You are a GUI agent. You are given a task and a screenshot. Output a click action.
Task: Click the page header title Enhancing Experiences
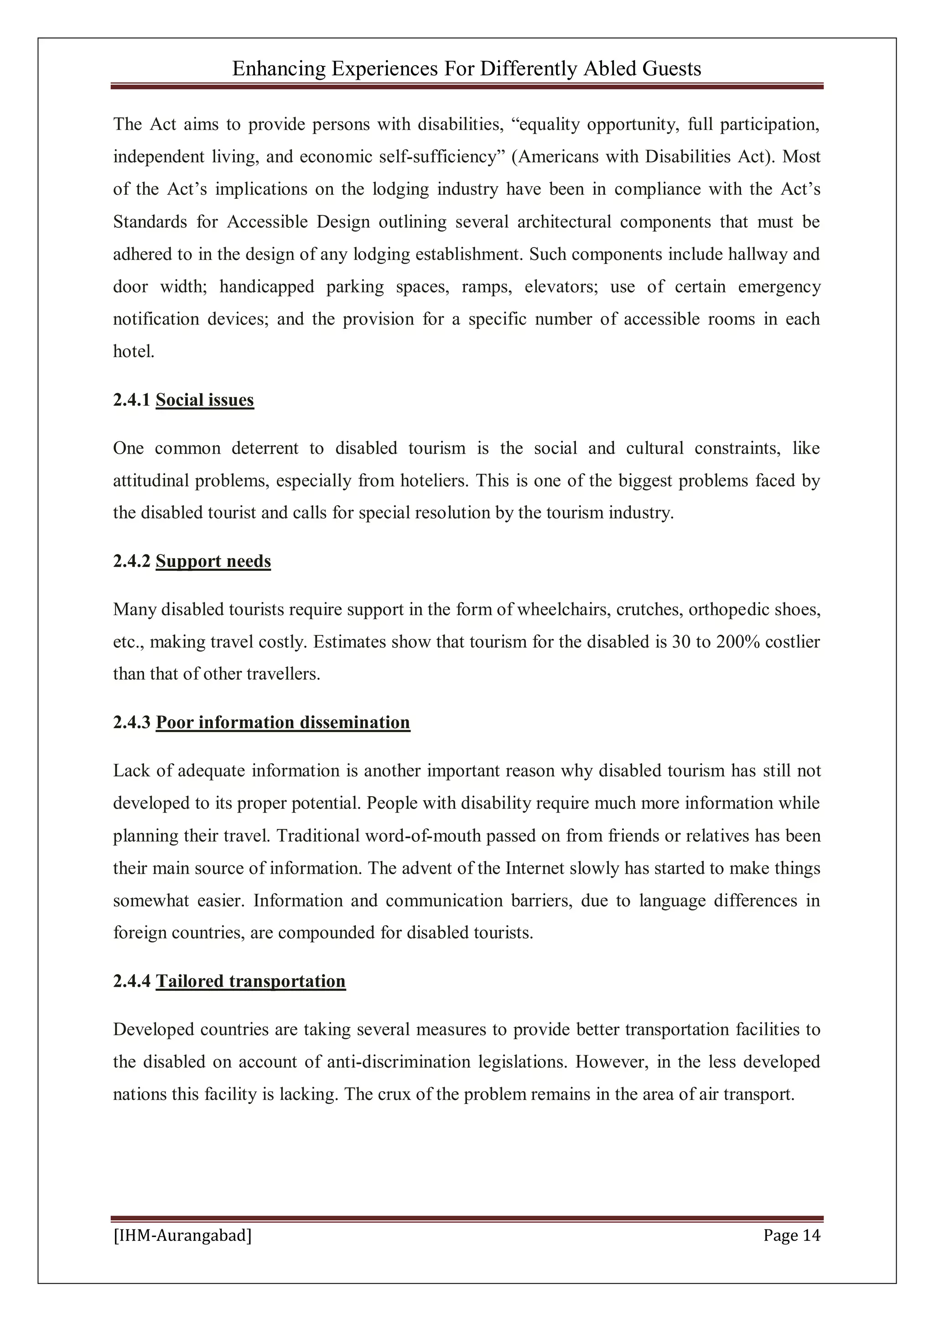pyautogui.click(x=466, y=69)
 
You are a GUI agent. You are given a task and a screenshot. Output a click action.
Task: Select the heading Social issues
pyautogui.click(x=204, y=400)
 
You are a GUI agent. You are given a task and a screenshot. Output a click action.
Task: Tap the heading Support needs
pyautogui.click(x=213, y=561)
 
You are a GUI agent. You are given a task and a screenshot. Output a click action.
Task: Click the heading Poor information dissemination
pyautogui.click(x=283, y=722)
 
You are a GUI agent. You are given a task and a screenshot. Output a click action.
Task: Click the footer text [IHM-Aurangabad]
pyautogui.click(x=182, y=1235)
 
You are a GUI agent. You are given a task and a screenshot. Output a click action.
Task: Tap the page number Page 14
pyautogui.click(x=791, y=1235)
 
